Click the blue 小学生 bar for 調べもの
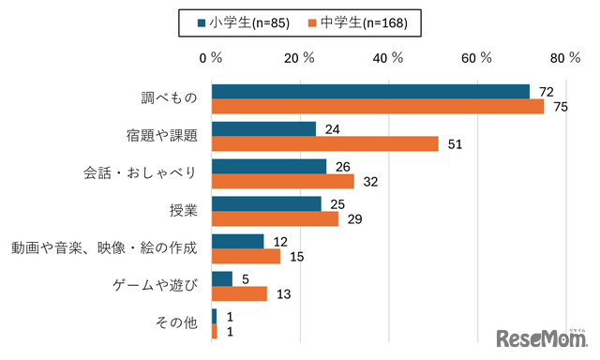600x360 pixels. tap(370, 91)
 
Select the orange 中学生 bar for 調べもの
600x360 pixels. tap(377, 106)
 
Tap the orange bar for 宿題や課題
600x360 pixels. tap(324, 143)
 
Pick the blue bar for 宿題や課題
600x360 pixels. tap(263, 128)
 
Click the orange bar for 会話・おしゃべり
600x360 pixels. tap(282, 181)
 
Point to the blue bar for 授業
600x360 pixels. tap(266, 203)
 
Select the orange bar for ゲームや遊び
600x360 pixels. tap(239, 293)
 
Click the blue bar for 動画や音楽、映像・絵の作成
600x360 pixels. tap(237, 241)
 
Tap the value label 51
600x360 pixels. tap(457, 143)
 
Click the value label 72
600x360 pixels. tap(547, 91)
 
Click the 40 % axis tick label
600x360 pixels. tap(386, 57)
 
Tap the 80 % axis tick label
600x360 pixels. tap(566, 57)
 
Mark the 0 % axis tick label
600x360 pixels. tap(211, 57)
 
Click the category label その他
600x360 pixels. tap(176, 323)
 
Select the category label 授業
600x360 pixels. tap(183, 210)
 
